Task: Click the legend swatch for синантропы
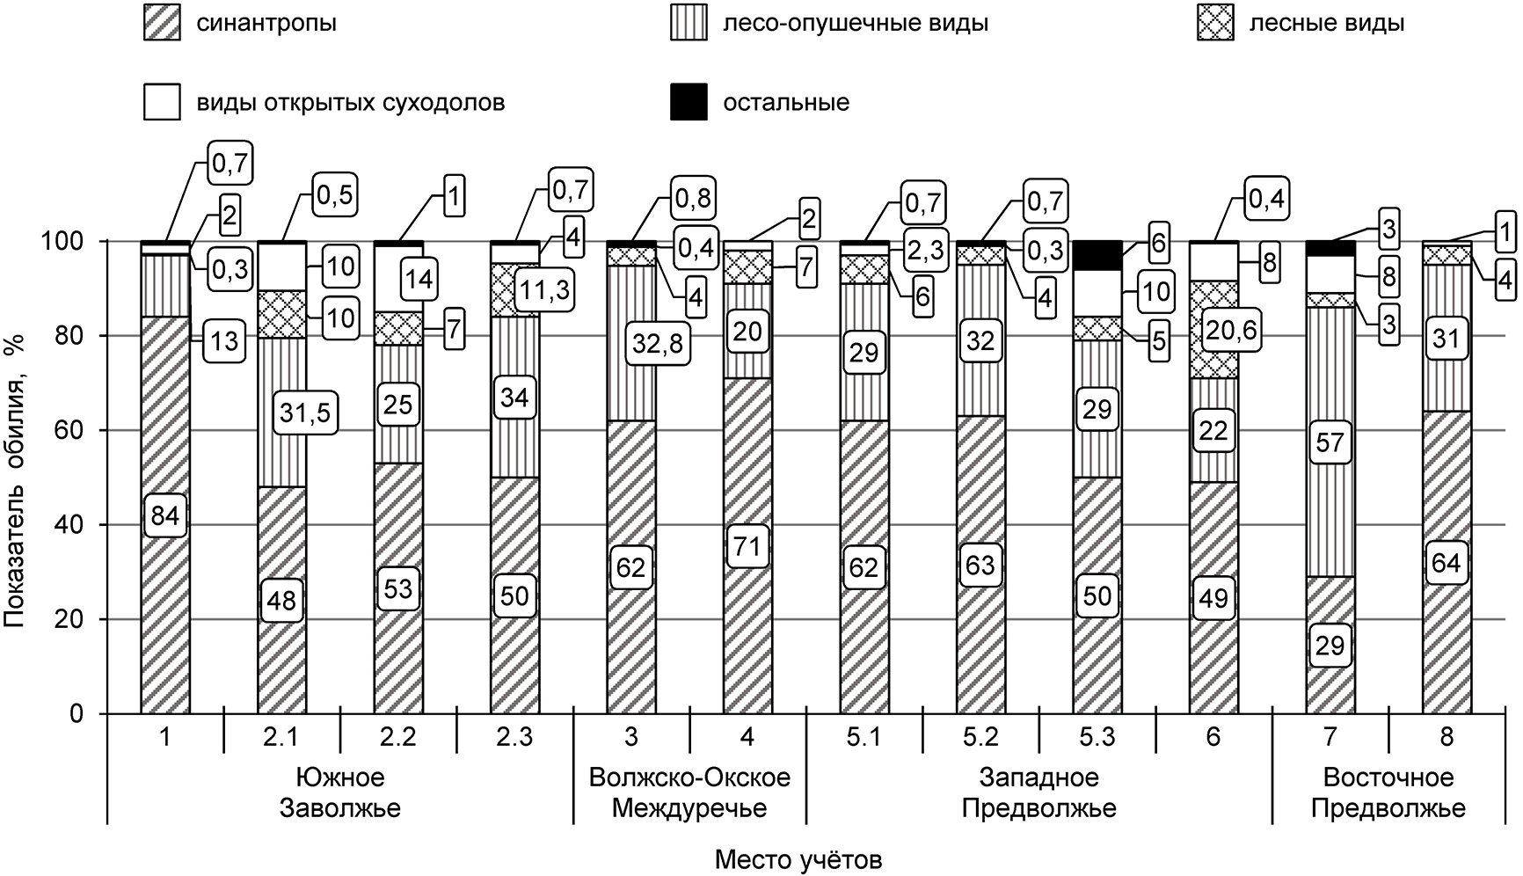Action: click(x=162, y=24)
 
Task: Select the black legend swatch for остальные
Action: click(x=689, y=102)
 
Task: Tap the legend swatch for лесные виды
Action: click(x=1215, y=24)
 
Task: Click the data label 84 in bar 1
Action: click(x=165, y=516)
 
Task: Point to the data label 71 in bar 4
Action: click(x=747, y=549)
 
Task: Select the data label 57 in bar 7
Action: click(x=1330, y=442)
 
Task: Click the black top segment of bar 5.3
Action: click(x=1097, y=255)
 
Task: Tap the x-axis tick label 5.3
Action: click(x=1097, y=737)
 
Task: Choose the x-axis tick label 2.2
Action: click(x=398, y=737)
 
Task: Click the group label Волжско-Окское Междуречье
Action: click(x=689, y=792)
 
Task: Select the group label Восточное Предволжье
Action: click(x=1388, y=792)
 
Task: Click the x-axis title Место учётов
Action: click(x=798, y=858)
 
